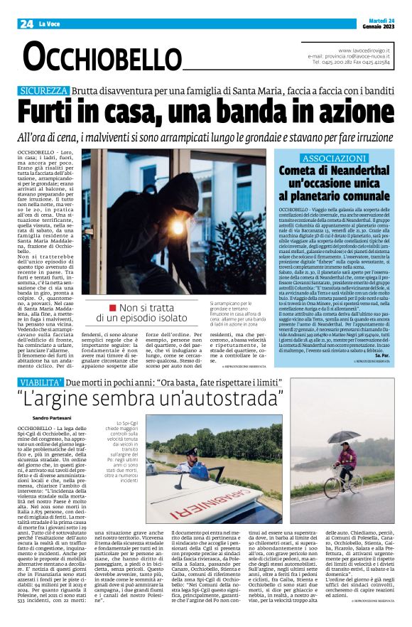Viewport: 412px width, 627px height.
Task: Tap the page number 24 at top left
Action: [26, 23]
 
